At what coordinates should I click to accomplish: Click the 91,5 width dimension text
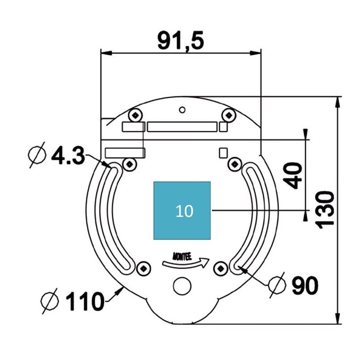tap(181, 41)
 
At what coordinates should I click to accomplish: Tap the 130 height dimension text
tap(324, 210)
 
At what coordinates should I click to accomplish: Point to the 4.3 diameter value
tap(68, 155)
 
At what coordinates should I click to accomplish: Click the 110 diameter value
tap(85, 301)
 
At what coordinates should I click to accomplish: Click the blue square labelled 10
tap(182, 211)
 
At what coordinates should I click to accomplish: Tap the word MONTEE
tap(182, 256)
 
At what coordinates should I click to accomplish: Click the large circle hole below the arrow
tap(182, 286)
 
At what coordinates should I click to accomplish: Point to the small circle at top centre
tap(182, 110)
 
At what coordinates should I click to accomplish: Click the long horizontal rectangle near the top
tap(182, 127)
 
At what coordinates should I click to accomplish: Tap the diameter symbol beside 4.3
tap(37, 155)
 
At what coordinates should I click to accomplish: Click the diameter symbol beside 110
tap(49, 301)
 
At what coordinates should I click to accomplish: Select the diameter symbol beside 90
tap(277, 285)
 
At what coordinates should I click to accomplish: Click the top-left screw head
tap(136, 115)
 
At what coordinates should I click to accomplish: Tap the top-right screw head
tap(229, 115)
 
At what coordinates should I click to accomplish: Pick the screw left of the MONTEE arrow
tap(144, 268)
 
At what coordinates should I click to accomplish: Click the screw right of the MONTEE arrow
tap(220, 268)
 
